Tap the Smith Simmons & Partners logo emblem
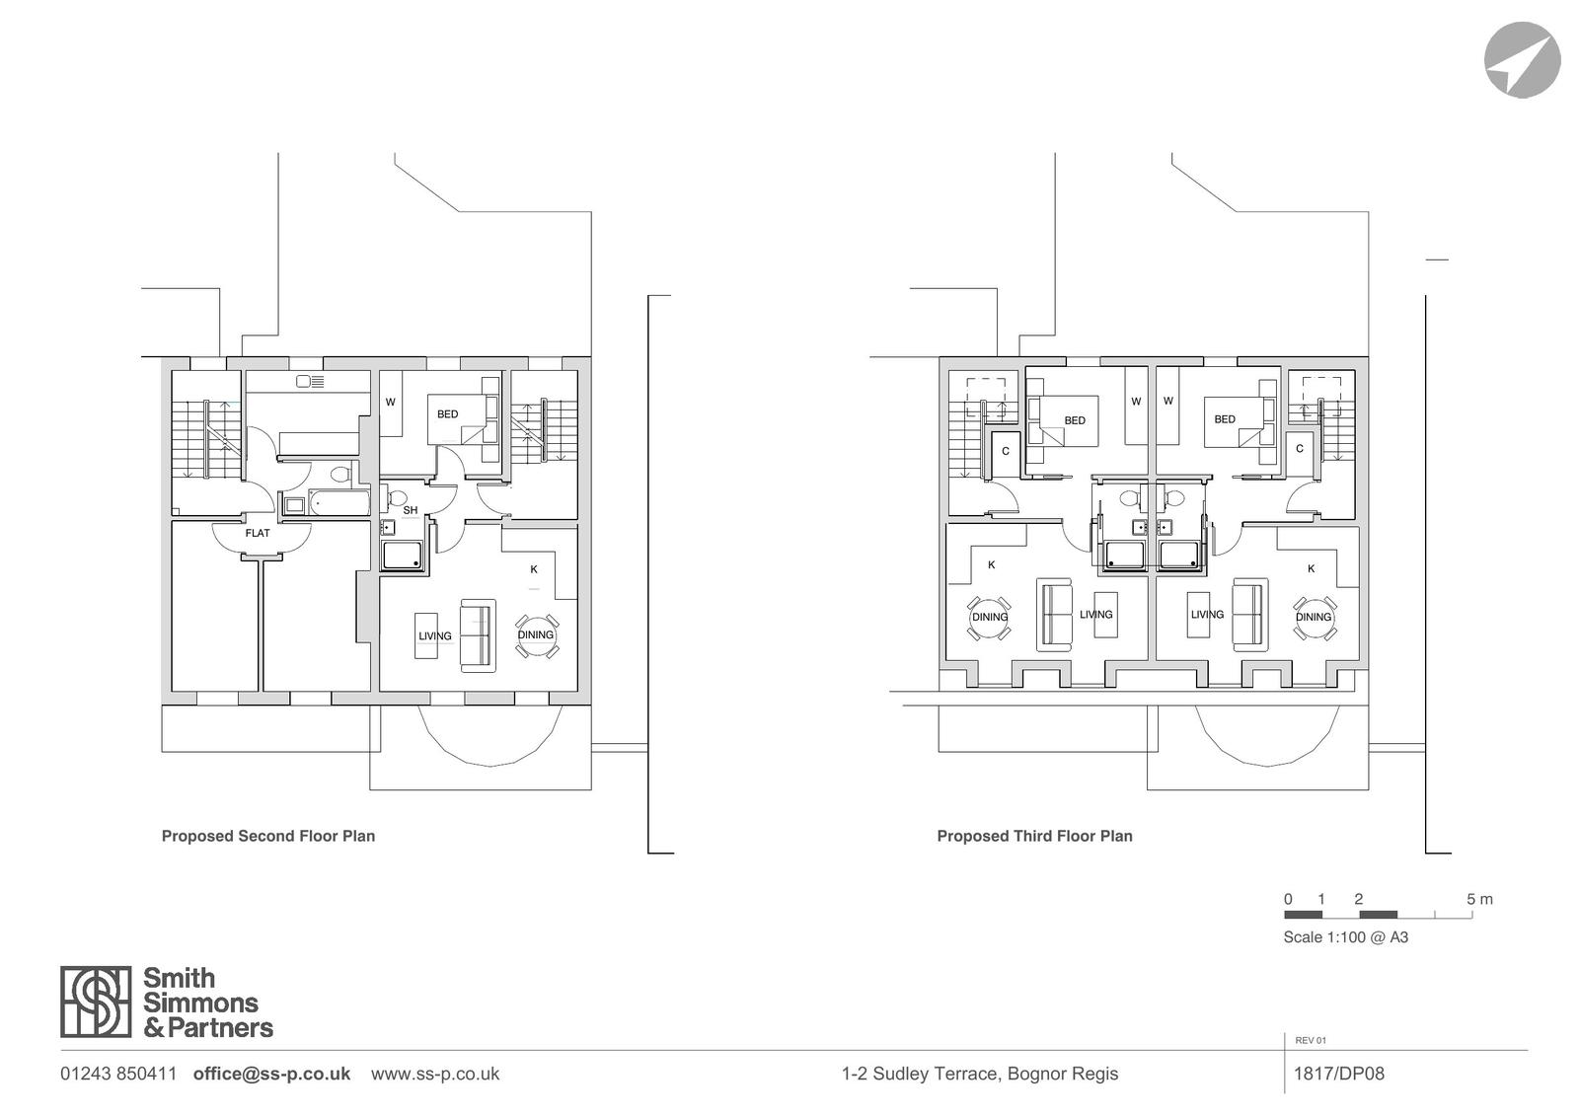[x=96, y=1002]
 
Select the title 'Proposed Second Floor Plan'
[x=268, y=836]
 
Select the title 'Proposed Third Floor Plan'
[x=1035, y=836]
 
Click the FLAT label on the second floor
[x=258, y=533]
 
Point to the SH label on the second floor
[x=411, y=510]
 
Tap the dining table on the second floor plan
[x=537, y=635]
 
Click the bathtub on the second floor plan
[x=339, y=502]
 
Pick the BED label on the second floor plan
[x=448, y=414]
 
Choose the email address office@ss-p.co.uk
[x=272, y=1074]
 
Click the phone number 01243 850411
[x=118, y=1074]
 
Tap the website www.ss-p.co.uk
[x=435, y=1074]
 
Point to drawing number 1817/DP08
[x=1339, y=1074]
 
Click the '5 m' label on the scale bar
[x=1479, y=899]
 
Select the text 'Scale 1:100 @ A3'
[x=1346, y=937]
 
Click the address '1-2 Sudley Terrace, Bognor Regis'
[x=980, y=1074]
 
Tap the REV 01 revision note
[x=1311, y=1041]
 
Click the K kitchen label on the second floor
[x=534, y=569]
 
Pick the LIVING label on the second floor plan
[x=435, y=635]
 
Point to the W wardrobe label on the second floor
[x=391, y=402]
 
